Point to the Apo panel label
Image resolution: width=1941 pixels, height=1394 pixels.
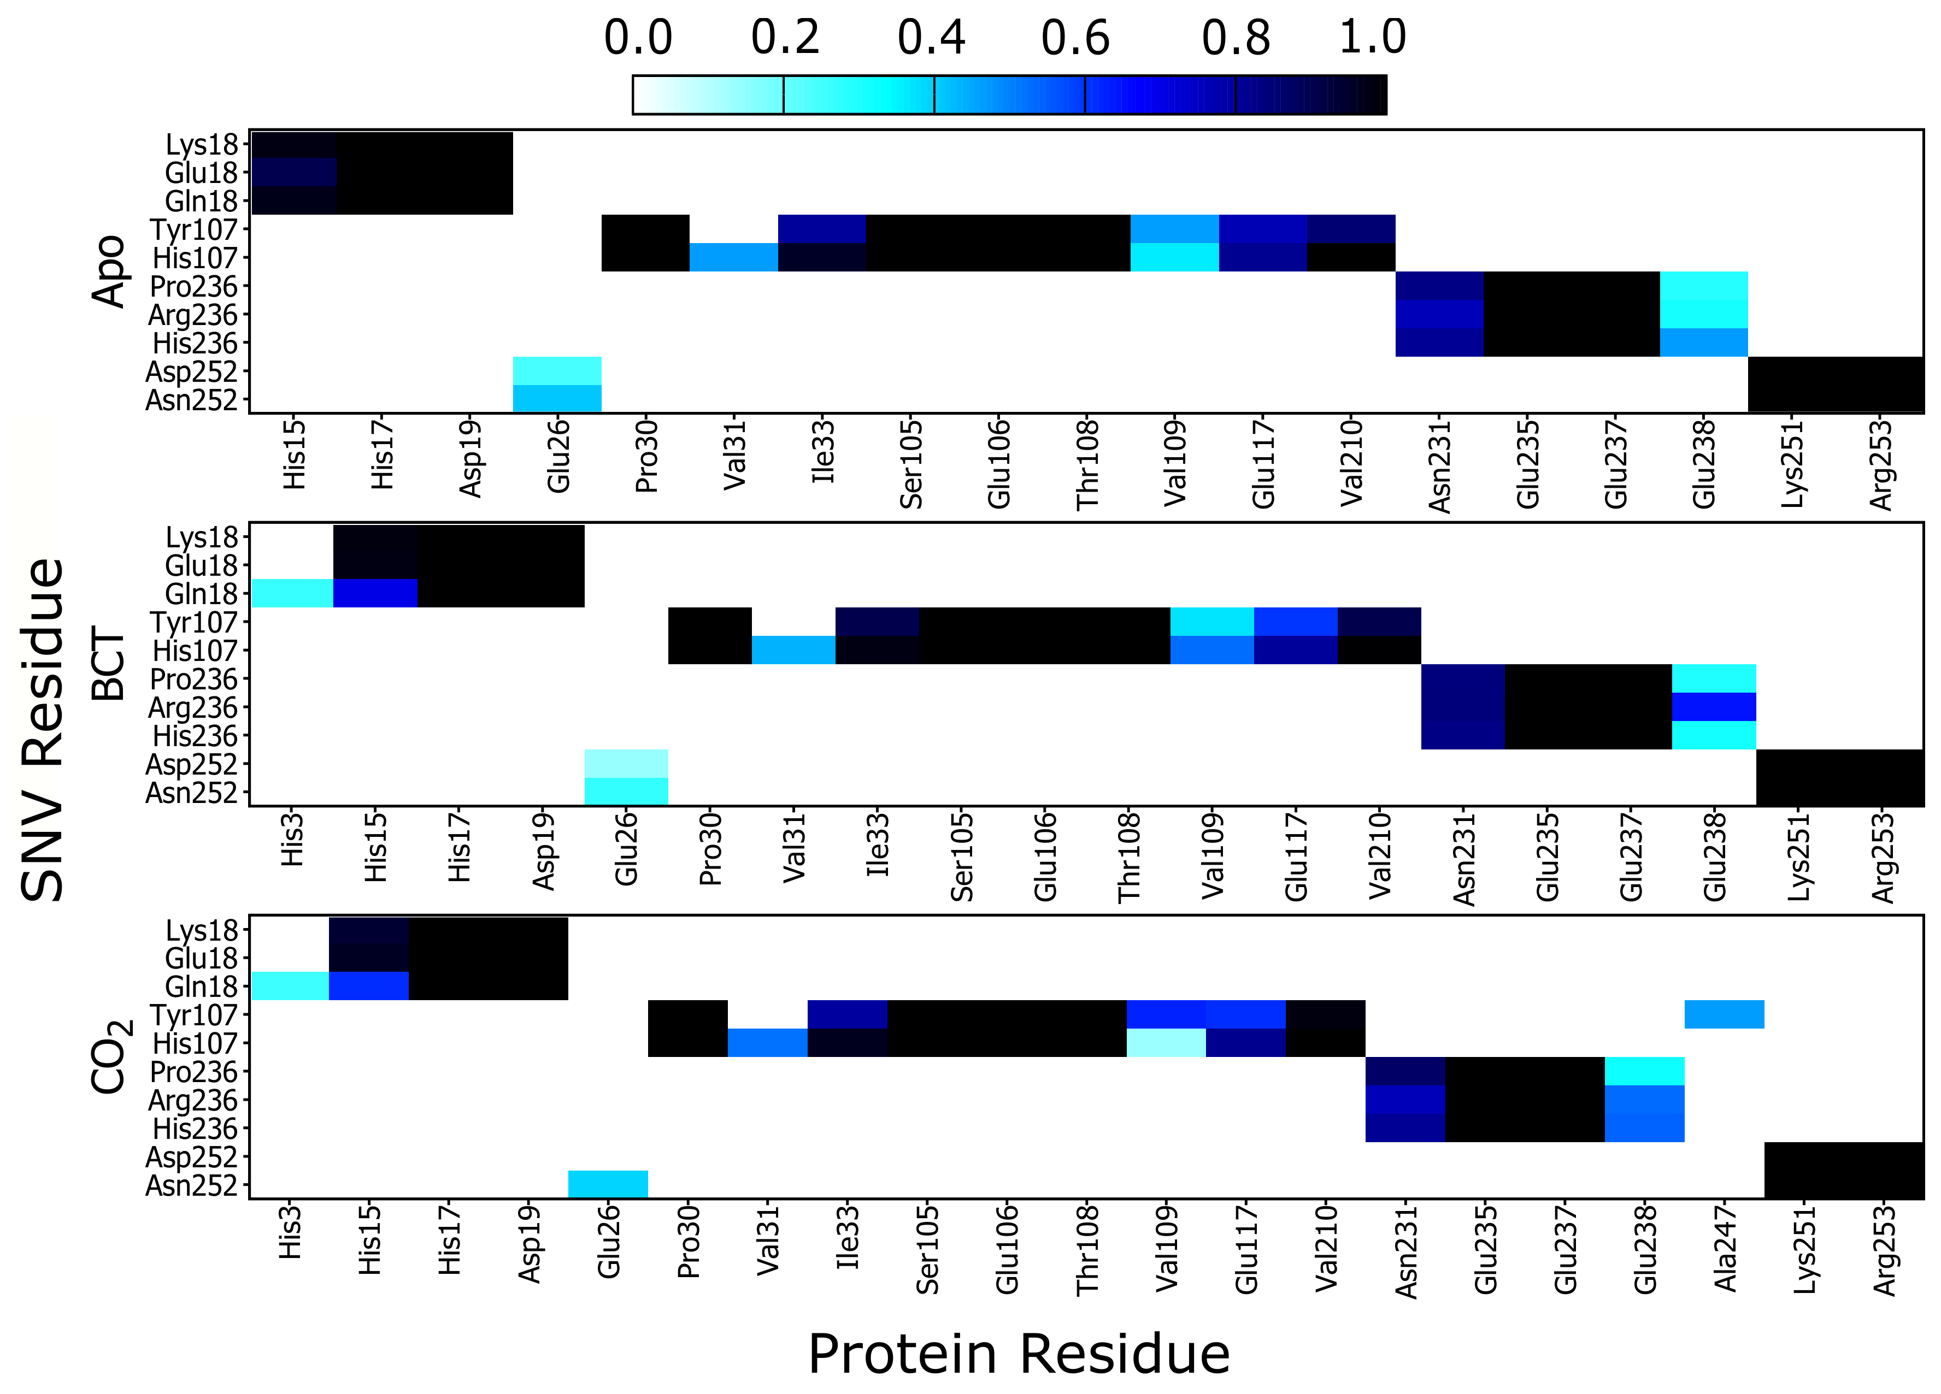point(109,271)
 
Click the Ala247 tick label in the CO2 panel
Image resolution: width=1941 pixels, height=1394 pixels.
point(1725,1247)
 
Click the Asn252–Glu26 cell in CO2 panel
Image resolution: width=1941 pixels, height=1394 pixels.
point(608,1184)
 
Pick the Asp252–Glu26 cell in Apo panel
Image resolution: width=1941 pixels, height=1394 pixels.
point(557,370)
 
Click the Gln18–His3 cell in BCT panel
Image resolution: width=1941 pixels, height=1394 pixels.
point(292,593)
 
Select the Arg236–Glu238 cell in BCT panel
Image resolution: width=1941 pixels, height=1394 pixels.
point(1713,707)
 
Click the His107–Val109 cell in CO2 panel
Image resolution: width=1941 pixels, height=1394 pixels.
point(1166,1042)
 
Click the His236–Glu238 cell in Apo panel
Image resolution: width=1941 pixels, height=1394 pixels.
point(1703,342)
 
